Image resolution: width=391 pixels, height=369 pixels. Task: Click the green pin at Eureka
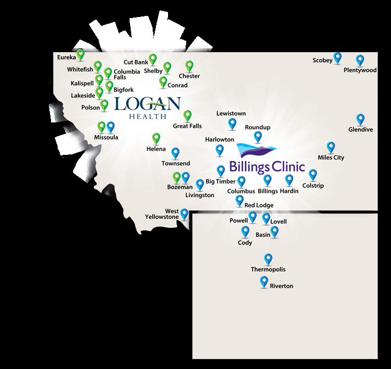click(x=81, y=54)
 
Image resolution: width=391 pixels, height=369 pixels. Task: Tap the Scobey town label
click(x=323, y=60)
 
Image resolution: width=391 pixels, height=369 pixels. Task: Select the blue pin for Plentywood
click(x=360, y=60)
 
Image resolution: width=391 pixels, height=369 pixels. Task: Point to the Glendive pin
click(x=360, y=119)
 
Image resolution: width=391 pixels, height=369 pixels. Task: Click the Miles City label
click(x=331, y=158)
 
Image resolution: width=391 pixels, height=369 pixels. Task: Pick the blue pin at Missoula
click(x=110, y=126)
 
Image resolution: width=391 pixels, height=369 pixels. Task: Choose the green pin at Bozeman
click(x=177, y=177)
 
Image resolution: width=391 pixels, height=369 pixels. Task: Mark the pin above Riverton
click(x=264, y=282)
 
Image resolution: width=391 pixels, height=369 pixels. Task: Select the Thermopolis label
click(x=268, y=270)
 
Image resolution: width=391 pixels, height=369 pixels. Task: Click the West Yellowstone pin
click(x=185, y=214)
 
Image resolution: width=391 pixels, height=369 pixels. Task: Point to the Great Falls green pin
click(x=187, y=115)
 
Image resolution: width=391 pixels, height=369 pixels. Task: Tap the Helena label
click(x=156, y=149)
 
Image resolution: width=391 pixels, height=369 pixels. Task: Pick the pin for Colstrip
click(x=313, y=174)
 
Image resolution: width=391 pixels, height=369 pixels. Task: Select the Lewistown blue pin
click(x=232, y=124)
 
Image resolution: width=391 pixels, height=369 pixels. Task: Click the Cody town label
click(x=245, y=242)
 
